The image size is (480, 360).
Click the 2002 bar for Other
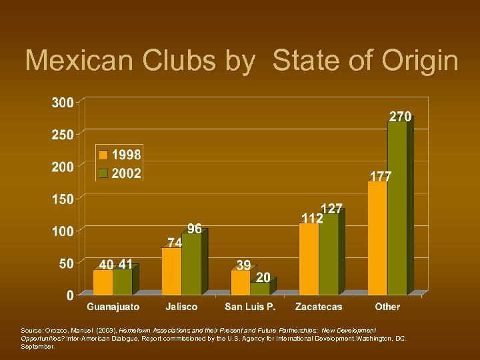pyautogui.click(x=397, y=208)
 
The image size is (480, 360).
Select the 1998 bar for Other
pyautogui.click(x=377, y=238)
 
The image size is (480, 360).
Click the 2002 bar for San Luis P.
pyautogui.click(x=259, y=289)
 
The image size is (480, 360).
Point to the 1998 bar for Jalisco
pyautogui.click(x=171, y=271)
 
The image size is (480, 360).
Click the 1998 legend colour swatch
pyautogui.click(x=103, y=155)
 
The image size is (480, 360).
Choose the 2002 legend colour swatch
pyautogui.click(x=103, y=173)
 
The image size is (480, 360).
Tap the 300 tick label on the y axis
pyautogui.click(x=63, y=103)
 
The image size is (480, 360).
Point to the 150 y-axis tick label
pyautogui.click(x=63, y=199)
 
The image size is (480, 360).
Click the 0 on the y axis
pyautogui.click(x=70, y=295)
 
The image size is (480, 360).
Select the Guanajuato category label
pyautogui.click(x=113, y=307)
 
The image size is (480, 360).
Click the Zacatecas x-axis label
pyautogui.click(x=318, y=307)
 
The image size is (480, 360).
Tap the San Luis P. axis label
pyautogui.click(x=250, y=307)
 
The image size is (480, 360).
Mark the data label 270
pyautogui.click(x=400, y=117)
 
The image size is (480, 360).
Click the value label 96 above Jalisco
pyautogui.click(x=194, y=229)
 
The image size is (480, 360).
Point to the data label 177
pyautogui.click(x=381, y=177)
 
